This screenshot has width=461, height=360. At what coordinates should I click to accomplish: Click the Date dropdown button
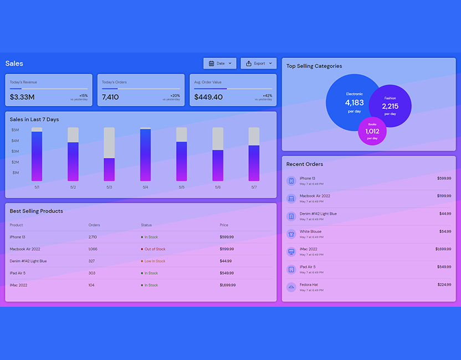click(x=220, y=64)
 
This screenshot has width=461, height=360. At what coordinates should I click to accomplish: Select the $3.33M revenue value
click(x=22, y=97)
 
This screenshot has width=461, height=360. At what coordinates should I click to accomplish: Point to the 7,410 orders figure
click(x=110, y=97)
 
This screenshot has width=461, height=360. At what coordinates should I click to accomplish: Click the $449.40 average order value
click(x=208, y=97)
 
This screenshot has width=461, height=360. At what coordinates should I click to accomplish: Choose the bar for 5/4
click(x=145, y=155)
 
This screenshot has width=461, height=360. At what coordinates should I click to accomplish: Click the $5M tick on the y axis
click(x=16, y=130)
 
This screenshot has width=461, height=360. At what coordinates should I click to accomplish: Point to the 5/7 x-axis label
click(x=254, y=187)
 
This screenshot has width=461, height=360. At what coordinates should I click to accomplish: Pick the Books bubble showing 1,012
click(x=372, y=131)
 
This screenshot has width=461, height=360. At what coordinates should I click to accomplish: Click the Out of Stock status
click(x=155, y=249)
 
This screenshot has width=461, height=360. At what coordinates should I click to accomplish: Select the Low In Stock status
click(x=155, y=261)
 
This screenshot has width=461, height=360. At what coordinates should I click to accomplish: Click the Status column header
click(x=146, y=225)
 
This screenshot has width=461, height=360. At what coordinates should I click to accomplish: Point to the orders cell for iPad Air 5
click(x=92, y=273)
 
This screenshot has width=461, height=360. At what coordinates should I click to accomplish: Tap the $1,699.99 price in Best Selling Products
click(x=227, y=285)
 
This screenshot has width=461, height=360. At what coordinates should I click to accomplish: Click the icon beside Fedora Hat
click(x=291, y=287)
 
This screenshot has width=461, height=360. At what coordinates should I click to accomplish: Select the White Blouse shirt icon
click(x=291, y=234)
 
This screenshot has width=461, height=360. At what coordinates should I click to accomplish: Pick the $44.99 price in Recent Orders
click(x=445, y=214)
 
